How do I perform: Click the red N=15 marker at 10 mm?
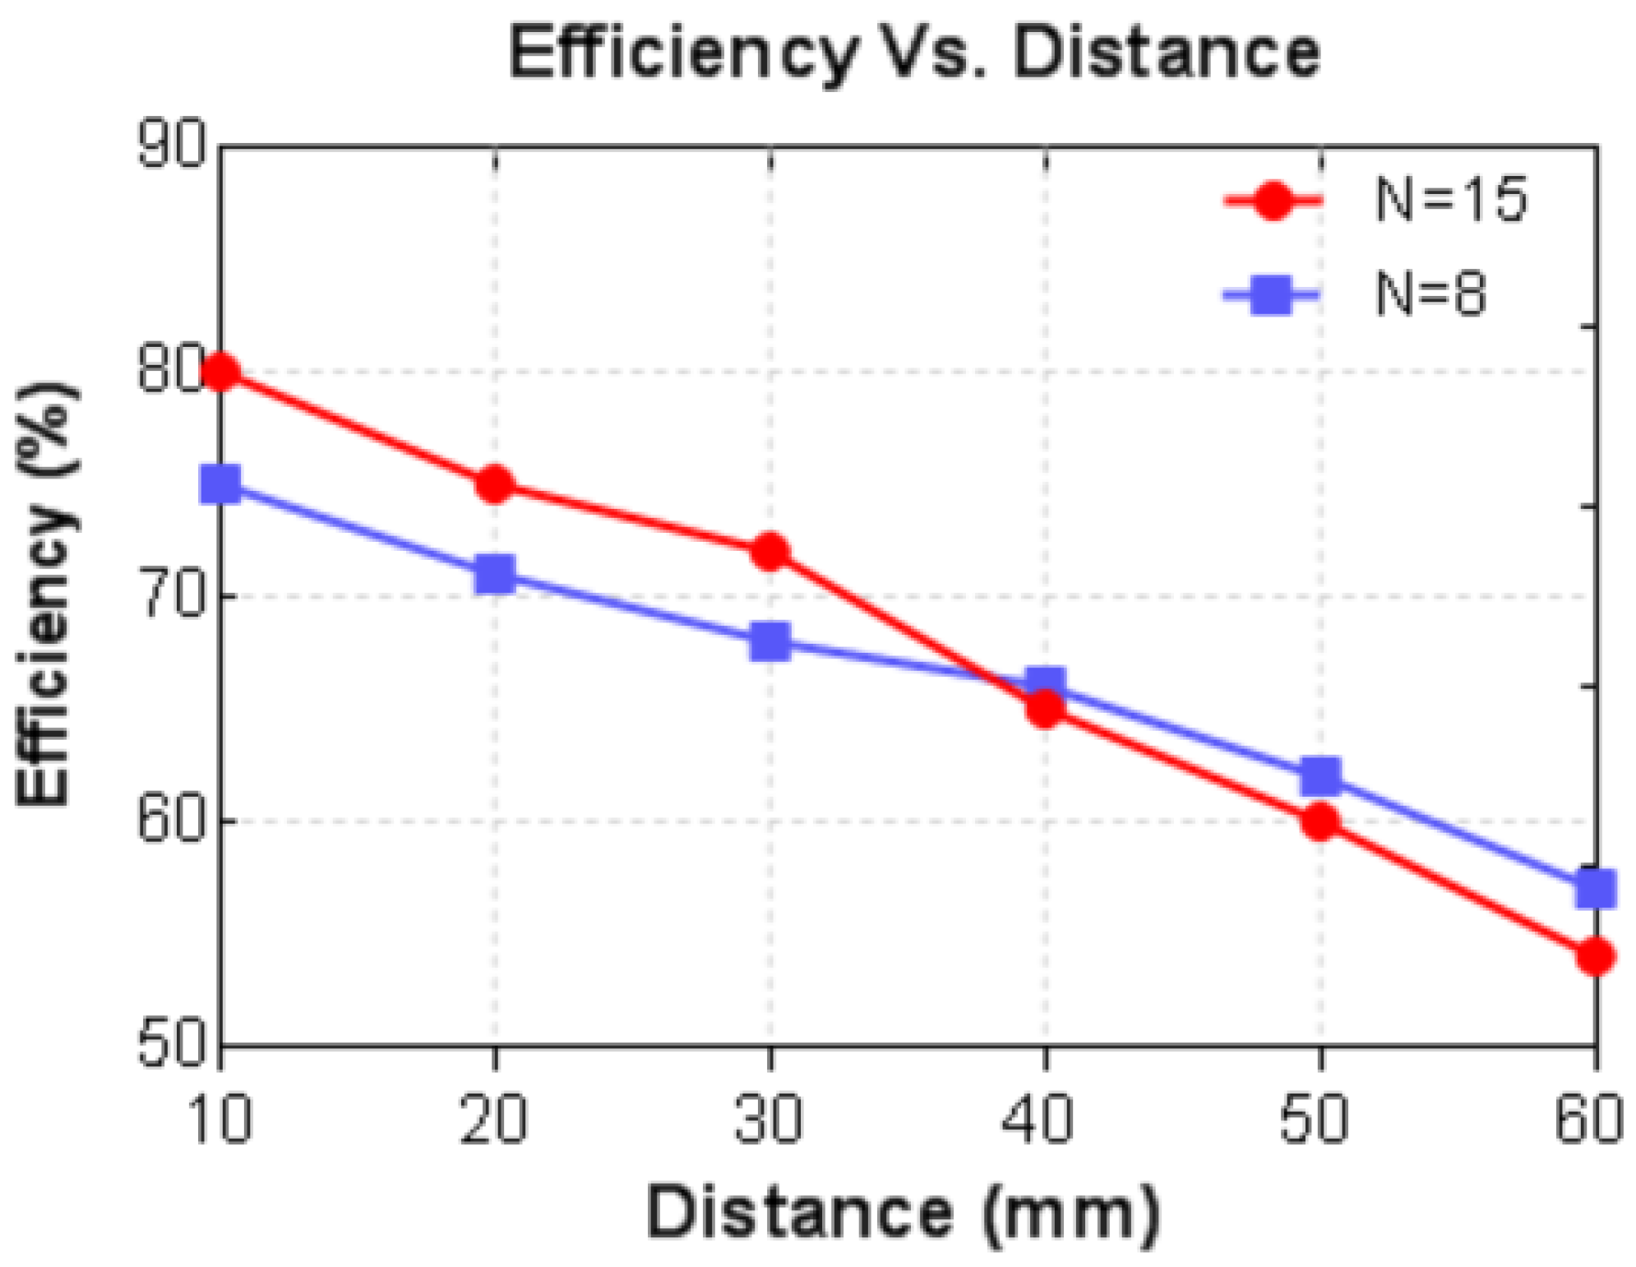(x=220, y=372)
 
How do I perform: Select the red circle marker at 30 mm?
(x=769, y=552)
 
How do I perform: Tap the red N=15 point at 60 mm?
(x=1595, y=956)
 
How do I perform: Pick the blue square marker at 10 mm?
(x=220, y=484)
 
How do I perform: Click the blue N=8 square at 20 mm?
(x=495, y=574)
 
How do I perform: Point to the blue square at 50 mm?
(x=1320, y=776)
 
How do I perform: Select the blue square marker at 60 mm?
(x=1595, y=889)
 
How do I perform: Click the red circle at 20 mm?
(x=495, y=484)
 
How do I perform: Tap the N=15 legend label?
(x=1450, y=200)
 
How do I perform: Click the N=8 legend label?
(x=1430, y=294)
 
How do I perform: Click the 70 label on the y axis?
(x=171, y=595)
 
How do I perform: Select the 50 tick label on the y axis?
(x=171, y=1045)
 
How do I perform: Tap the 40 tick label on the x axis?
(x=1038, y=1119)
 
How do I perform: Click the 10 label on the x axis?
(x=219, y=1119)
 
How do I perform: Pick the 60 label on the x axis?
(x=1588, y=1119)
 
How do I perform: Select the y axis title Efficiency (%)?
(x=48, y=594)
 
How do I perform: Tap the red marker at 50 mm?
(x=1320, y=821)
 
